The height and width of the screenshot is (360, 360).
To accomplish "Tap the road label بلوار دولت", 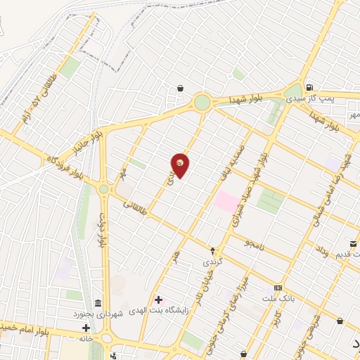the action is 103,229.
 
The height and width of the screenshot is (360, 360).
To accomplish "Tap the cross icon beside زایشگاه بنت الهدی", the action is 157,300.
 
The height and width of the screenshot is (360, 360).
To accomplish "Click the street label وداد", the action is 321,250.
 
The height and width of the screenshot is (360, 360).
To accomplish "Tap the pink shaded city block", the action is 226,201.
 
